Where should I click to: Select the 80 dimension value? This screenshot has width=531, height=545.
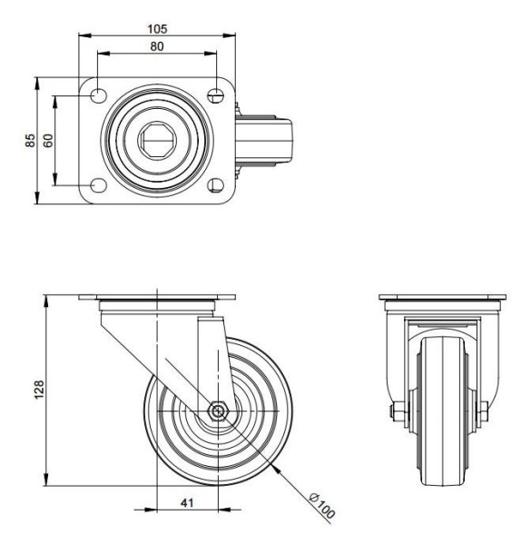click(x=157, y=46)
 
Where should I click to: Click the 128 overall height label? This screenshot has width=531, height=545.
click(x=39, y=389)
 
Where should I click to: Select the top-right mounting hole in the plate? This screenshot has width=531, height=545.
click(x=216, y=94)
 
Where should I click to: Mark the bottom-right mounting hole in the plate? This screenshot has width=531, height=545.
click(x=216, y=185)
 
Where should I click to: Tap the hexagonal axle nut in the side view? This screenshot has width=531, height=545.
click(x=218, y=411)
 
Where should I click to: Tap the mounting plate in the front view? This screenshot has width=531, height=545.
click(x=442, y=299)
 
